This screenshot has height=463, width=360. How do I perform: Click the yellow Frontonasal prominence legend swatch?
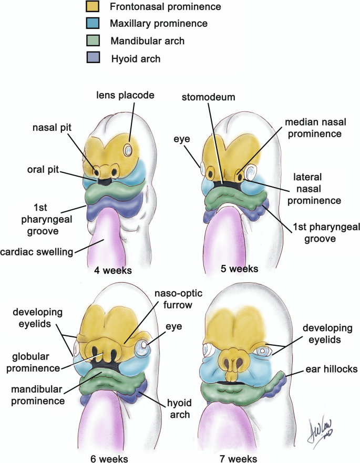coord(93,7)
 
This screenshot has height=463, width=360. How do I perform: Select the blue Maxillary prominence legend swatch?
coord(93,24)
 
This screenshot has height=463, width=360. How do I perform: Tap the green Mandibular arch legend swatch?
coord(93,40)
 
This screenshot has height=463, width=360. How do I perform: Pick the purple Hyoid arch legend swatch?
coord(93,57)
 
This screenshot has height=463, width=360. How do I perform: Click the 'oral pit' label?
coord(44,170)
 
